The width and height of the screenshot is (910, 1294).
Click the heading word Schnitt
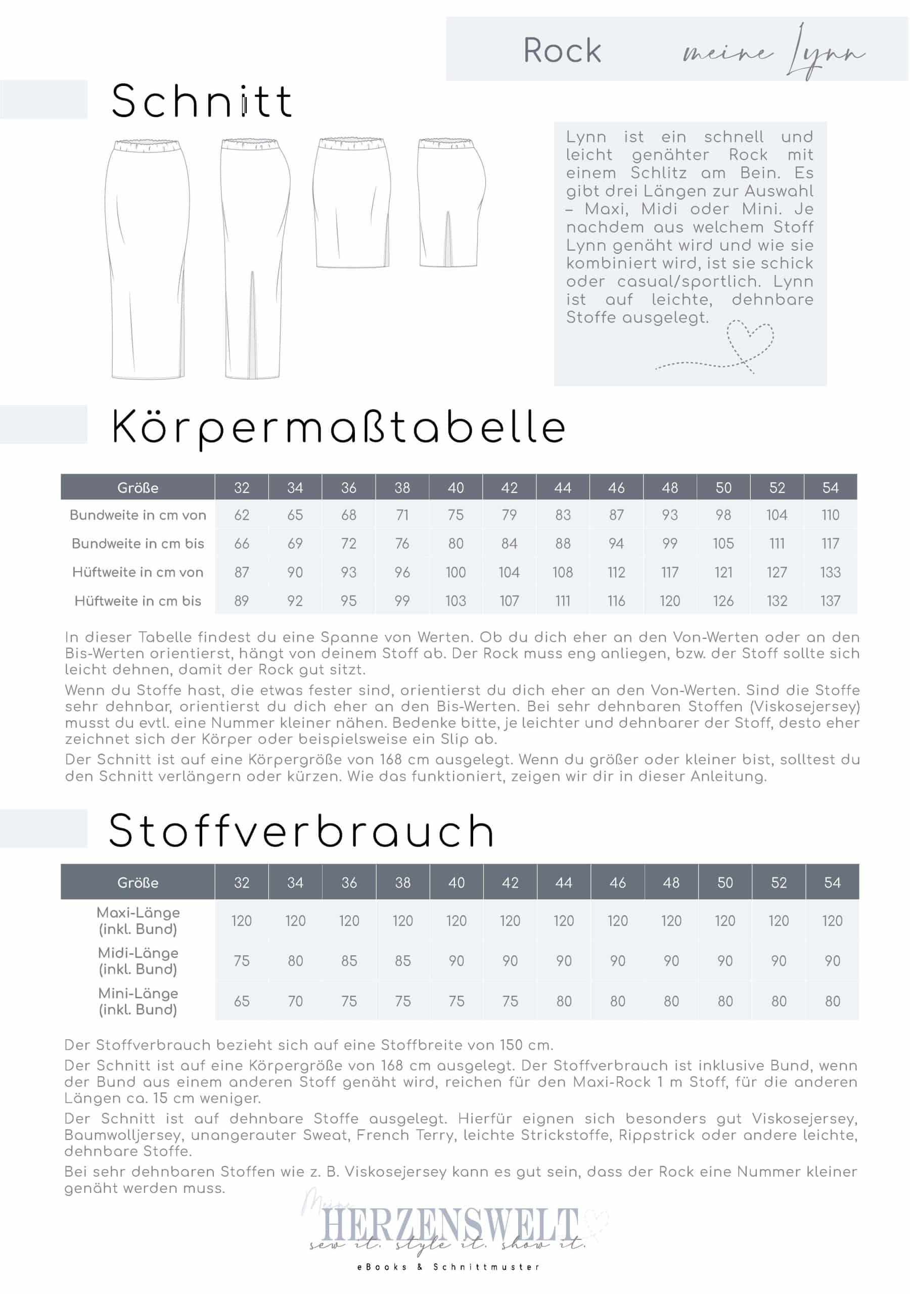point(201,102)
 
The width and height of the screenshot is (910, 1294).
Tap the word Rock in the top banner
point(562,51)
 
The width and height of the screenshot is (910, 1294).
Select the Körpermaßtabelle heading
point(338,428)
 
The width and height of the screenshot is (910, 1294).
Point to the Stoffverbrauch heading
point(301,831)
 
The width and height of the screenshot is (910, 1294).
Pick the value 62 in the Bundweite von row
point(241,515)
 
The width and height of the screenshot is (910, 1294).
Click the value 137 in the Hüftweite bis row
point(830,601)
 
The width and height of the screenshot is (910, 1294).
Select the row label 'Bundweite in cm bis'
point(138,544)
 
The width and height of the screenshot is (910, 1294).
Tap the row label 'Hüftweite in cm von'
point(138,573)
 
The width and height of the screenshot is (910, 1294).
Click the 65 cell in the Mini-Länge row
point(241,1001)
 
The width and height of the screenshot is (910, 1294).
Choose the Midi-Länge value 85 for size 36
point(348,961)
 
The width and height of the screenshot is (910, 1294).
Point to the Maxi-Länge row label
point(138,921)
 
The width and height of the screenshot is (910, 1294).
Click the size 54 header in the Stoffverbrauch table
point(832,883)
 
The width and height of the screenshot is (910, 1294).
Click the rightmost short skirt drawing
point(451,203)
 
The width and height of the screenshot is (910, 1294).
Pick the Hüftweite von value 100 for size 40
point(456,573)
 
